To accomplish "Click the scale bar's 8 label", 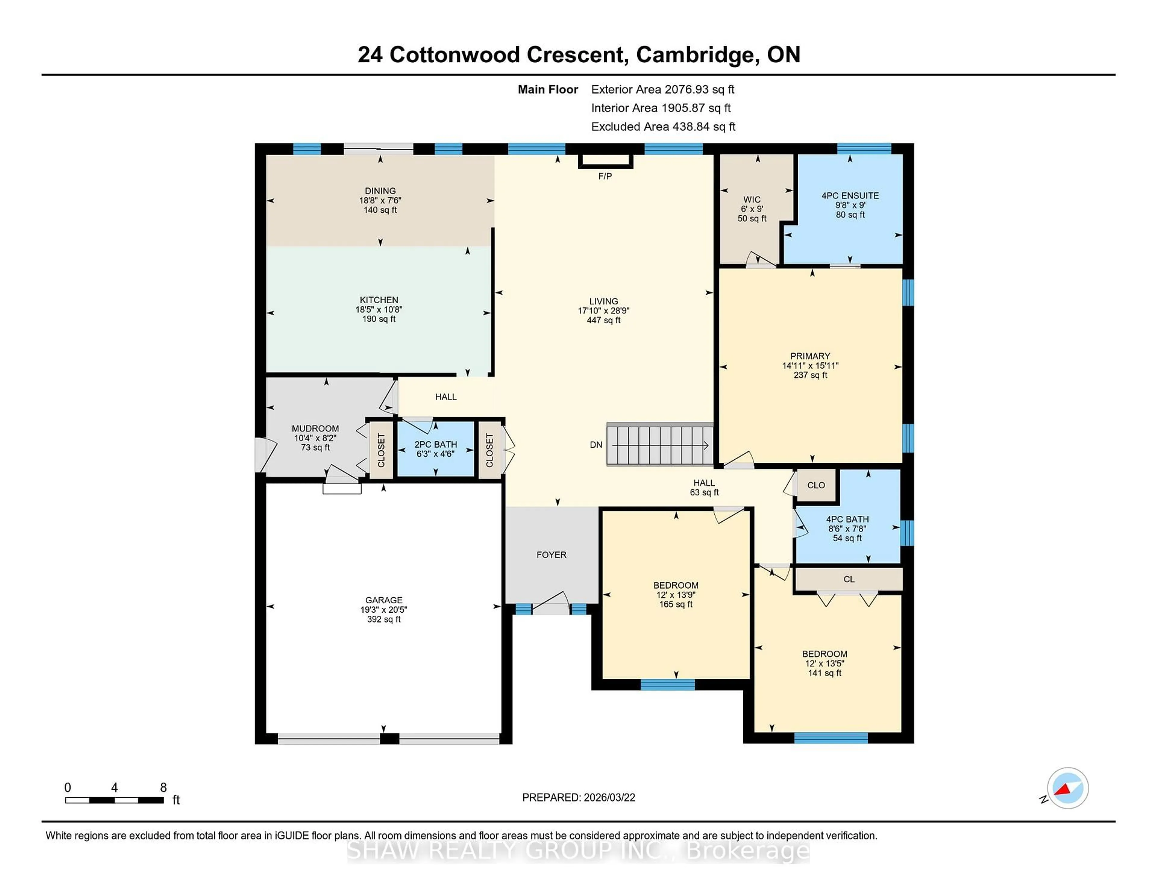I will [x=163, y=788].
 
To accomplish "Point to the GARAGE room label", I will [x=384, y=600].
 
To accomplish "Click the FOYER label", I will [x=551, y=555].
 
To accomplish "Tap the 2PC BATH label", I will [x=435, y=444].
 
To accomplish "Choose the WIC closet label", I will [x=752, y=200].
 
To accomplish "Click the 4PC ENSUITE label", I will [x=850, y=195].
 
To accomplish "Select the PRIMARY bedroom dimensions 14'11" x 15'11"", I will [x=810, y=365].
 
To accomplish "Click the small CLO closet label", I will [x=816, y=485].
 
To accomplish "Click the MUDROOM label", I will [x=315, y=428].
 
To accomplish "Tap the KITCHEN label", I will [x=379, y=300].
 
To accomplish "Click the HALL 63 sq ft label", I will [x=704, y=487].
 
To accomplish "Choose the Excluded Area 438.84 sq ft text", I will [x=663, y=127].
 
